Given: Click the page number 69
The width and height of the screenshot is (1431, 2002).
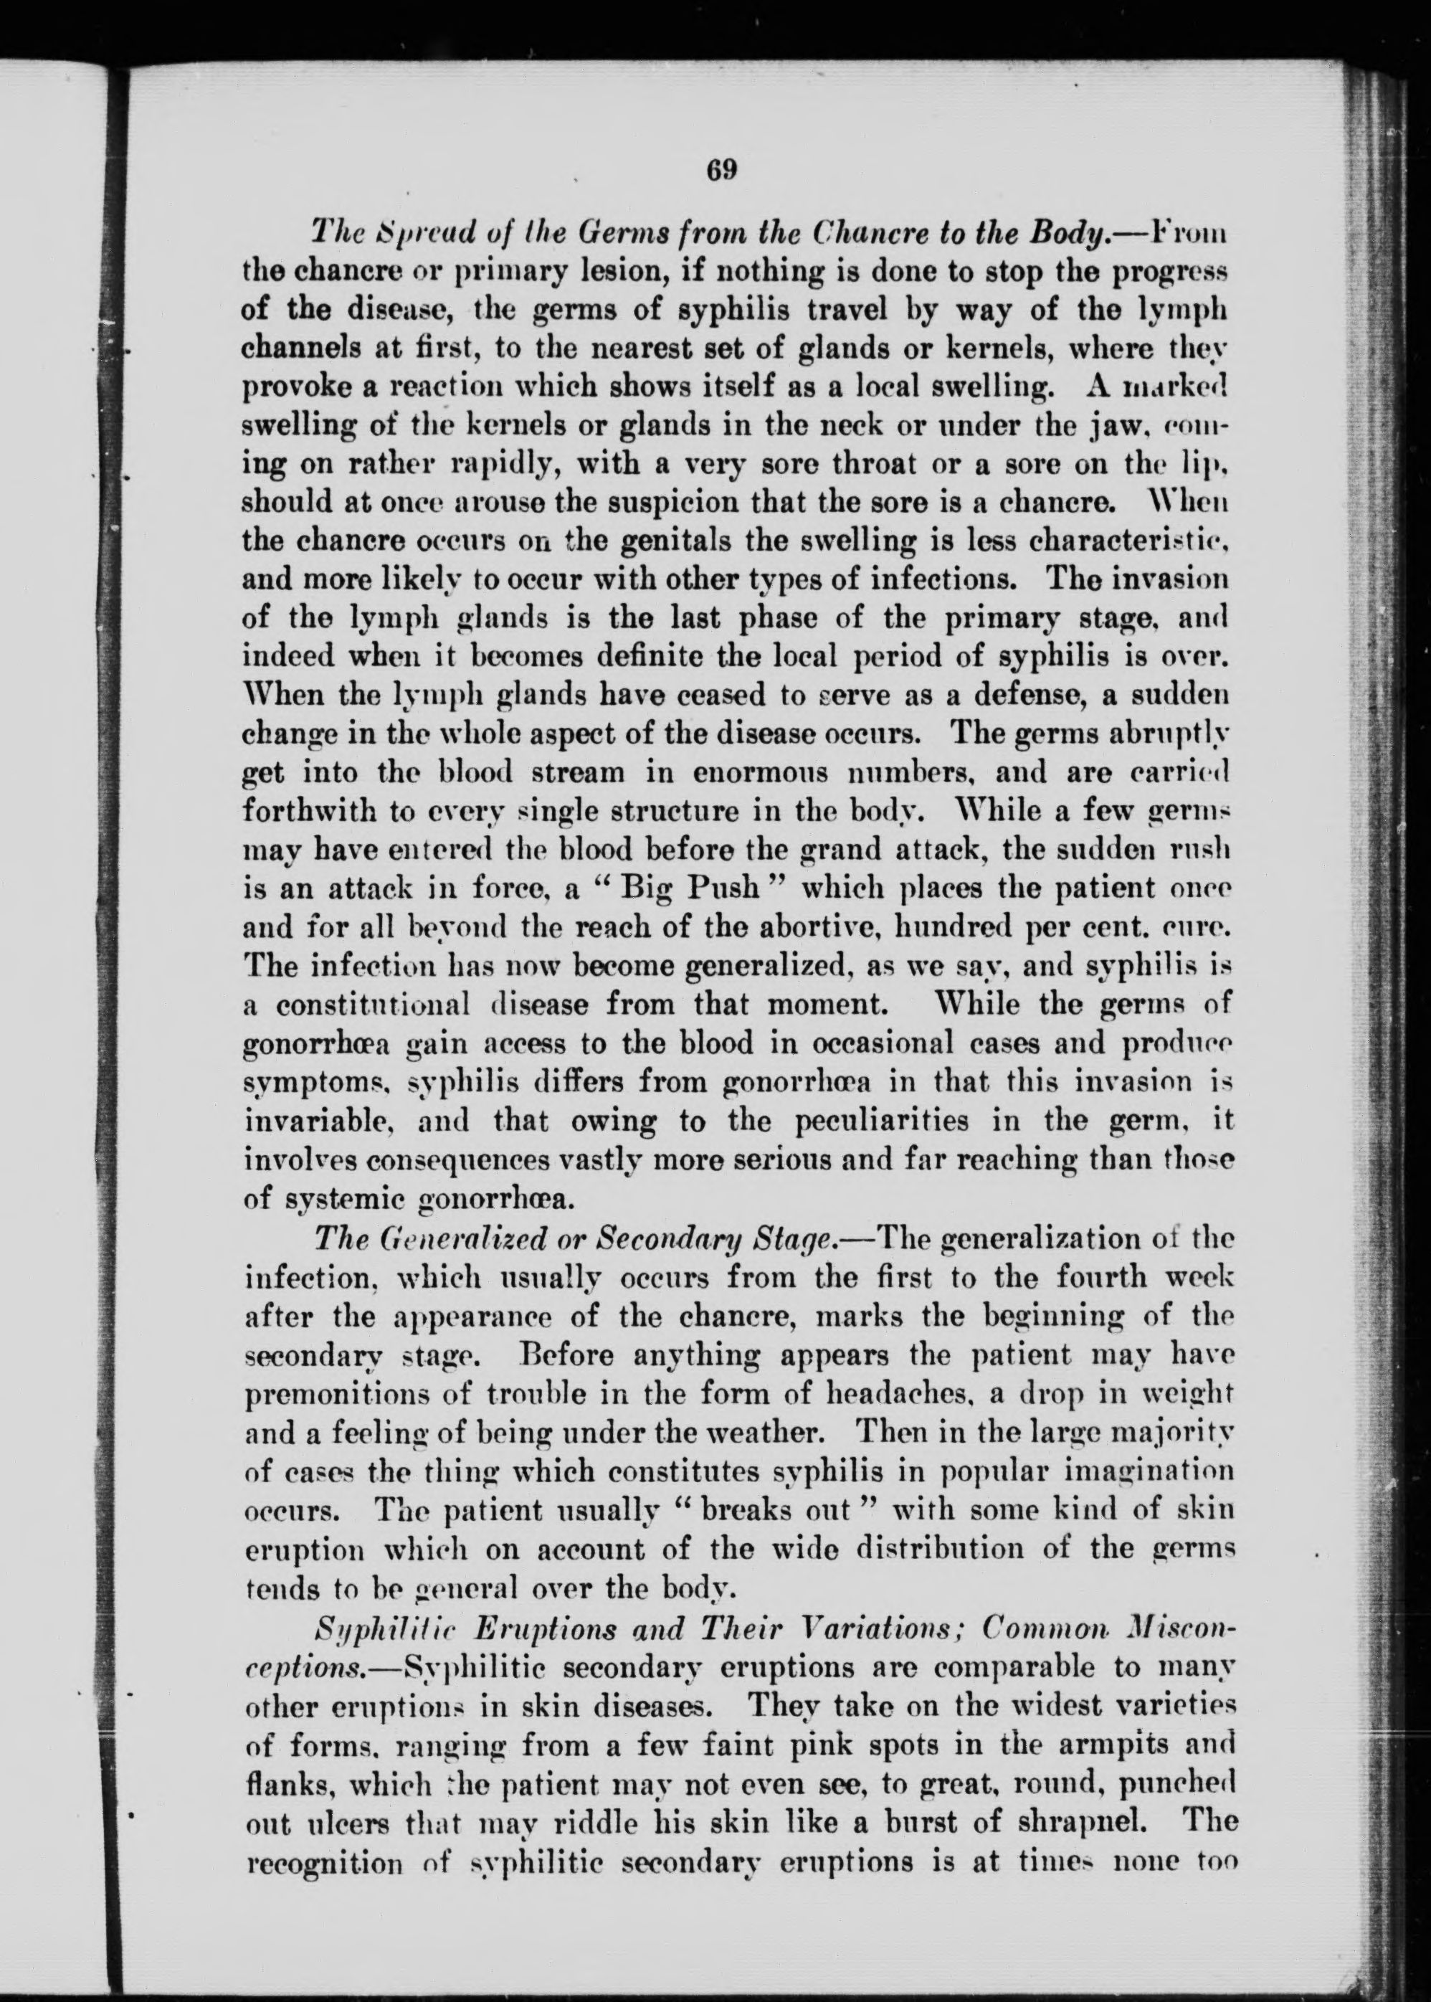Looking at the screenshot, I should tap(720, 169).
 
